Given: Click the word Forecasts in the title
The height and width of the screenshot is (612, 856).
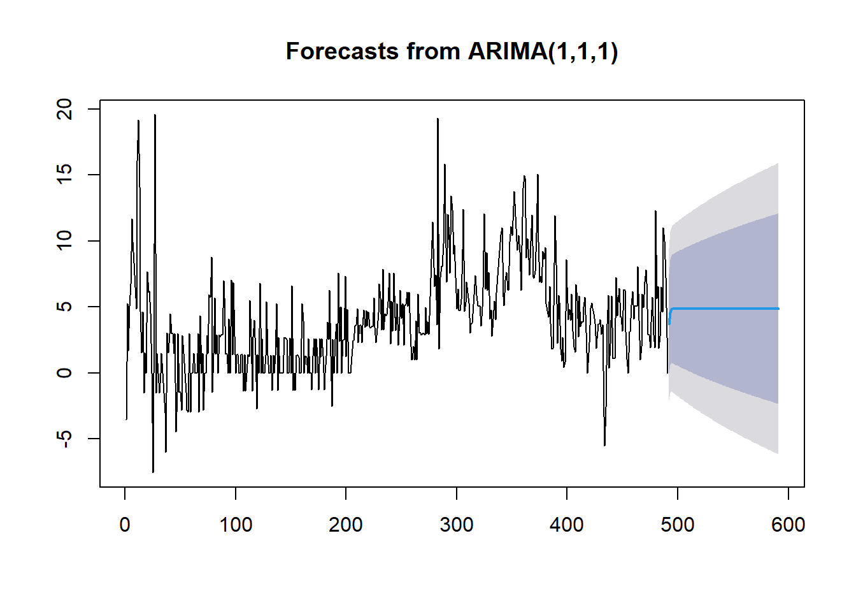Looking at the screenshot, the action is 342,51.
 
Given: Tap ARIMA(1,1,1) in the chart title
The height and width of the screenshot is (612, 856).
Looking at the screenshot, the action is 543,51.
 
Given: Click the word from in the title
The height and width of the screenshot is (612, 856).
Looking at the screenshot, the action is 433,51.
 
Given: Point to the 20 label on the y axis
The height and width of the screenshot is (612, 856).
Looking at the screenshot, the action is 64,110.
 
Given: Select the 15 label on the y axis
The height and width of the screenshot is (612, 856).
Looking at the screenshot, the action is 64,175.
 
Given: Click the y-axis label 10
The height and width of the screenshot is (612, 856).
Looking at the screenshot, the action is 64,241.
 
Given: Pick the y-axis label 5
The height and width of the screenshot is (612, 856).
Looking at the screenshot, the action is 64,307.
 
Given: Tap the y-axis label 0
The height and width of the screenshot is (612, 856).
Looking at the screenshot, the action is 64,372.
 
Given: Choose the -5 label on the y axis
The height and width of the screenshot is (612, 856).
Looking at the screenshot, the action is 64,439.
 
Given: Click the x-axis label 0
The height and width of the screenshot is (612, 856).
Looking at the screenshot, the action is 125,525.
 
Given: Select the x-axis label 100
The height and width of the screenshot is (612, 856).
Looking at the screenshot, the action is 236,525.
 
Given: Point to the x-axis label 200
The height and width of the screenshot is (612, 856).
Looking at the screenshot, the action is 346,525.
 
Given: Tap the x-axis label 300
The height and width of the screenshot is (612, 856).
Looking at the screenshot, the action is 457,525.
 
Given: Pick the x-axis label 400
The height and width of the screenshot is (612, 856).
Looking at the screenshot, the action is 567,525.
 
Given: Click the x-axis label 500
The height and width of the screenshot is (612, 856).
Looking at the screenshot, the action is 678,525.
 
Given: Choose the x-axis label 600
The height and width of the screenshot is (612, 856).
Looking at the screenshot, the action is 788,525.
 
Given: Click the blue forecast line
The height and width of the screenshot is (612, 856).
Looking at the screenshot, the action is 724,309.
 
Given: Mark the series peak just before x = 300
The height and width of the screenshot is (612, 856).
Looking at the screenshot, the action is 438,119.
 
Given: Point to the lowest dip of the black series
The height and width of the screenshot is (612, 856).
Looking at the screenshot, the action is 153,472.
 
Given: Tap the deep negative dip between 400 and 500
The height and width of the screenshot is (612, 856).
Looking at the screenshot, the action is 604,445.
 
